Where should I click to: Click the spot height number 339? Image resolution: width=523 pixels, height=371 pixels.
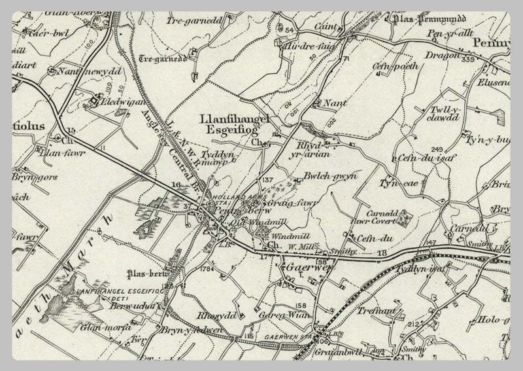(x=467, y=60)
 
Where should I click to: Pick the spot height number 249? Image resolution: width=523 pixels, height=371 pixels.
(x=437, y=149)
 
